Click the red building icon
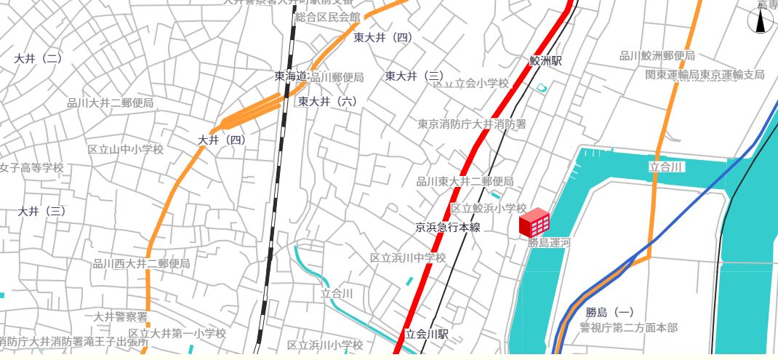[534, 222]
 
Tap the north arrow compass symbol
[761, 20]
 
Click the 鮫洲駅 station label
[545, 61]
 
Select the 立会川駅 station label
[427, 335]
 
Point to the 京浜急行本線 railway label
[448, 228]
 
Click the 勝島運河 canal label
[549, 243]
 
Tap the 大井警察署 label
[121, 316]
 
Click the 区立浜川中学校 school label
[407, 257]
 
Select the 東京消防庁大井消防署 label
[471, 124]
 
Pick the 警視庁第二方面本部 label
[628, 328]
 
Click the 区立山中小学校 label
[125, 150]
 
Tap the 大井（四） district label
[222, 139]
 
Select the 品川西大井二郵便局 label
[140, 263]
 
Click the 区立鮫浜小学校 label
[488, 209]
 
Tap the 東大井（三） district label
[414, 76]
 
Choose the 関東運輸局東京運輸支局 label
[705, 75]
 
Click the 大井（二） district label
[38, 58]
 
